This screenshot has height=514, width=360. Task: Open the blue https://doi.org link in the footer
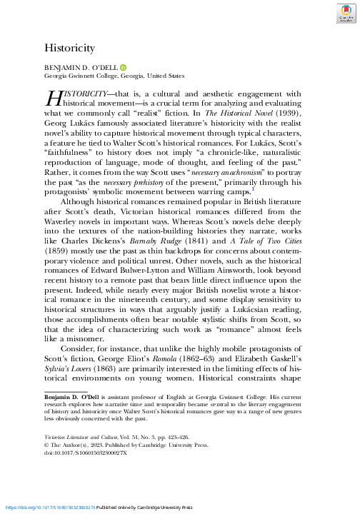pyautogui.click(x=49, y=508)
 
